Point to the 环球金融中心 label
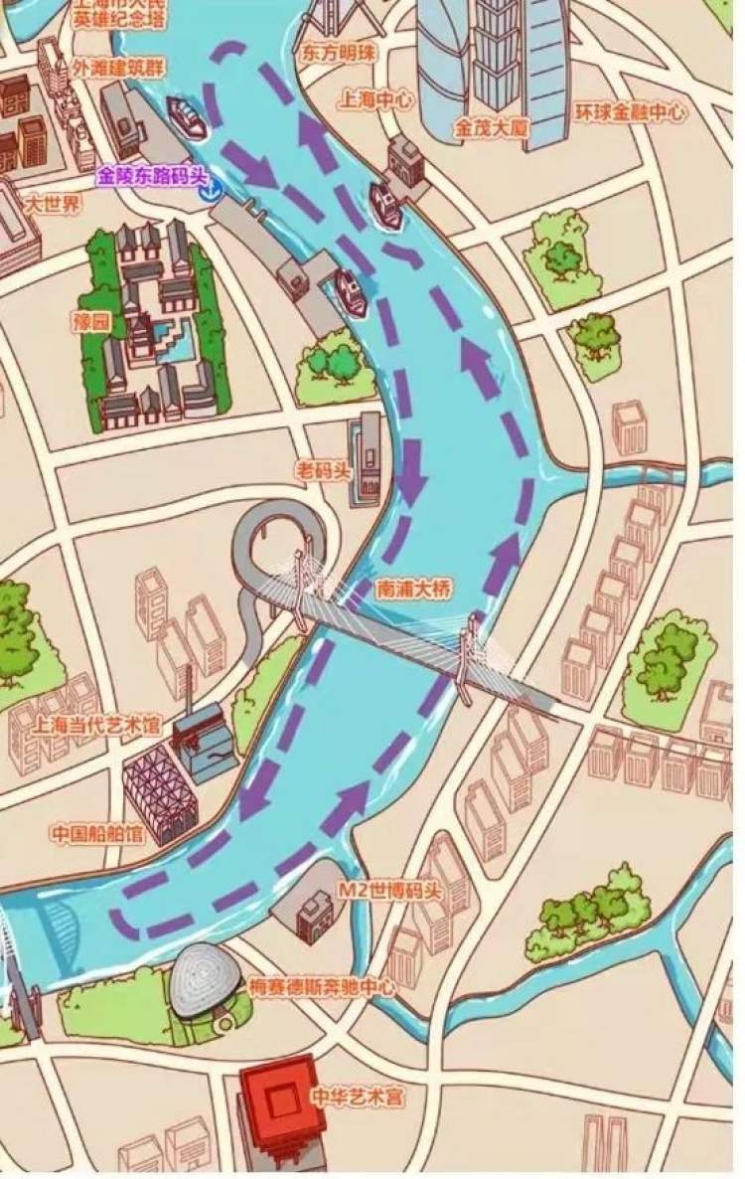[630, 112]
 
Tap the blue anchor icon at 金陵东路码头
[210, 191]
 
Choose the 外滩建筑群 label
[118, 68]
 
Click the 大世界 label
[54, 205]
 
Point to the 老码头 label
[324, 469]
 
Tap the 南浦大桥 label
[413, 589]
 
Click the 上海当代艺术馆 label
[96, 725]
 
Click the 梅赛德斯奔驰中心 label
[323, 987]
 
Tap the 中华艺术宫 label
[357, 1097]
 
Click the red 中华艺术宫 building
[282, 1102]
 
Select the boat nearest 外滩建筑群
[187, 117]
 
